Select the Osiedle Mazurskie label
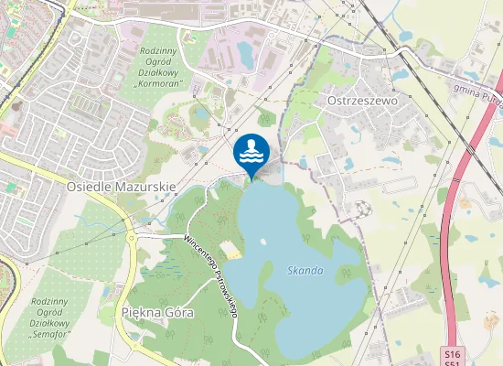[x=121, y=185]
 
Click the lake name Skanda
[x=305, y=271]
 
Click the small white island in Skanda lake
[x=262, y=242]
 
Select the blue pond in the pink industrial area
[x=246, y=53]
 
